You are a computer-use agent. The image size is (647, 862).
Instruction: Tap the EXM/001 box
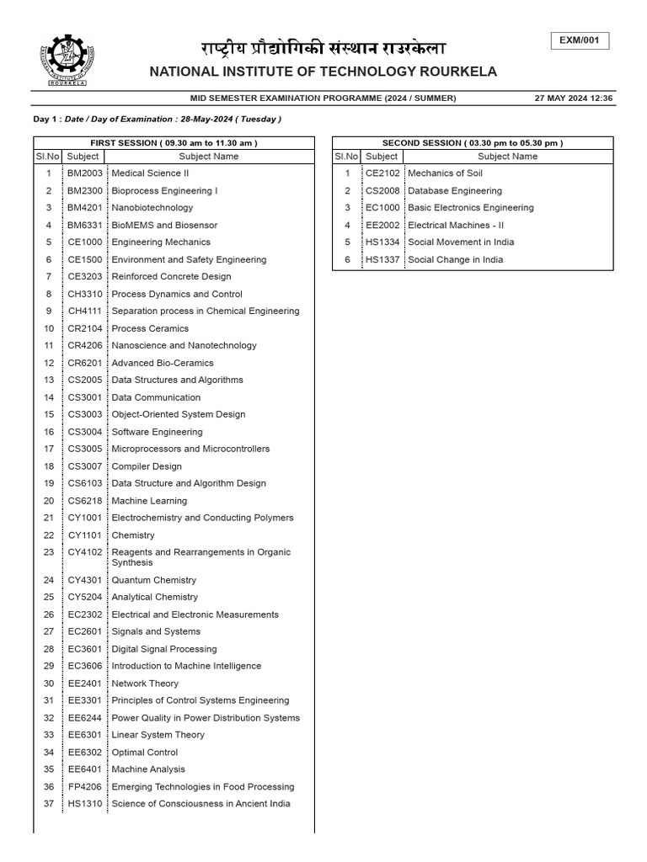point(580,40)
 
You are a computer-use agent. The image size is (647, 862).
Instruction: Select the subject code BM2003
point(85,173)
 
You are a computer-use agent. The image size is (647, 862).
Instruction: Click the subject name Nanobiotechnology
point(152,208)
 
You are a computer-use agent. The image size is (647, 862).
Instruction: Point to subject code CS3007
point(85,466)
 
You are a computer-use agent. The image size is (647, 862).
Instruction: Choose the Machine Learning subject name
point(149,501)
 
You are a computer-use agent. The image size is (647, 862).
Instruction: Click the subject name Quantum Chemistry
point(154,580)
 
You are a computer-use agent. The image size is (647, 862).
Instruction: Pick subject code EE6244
point(85,718)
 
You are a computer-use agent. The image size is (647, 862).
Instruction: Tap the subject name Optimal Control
point(145,753)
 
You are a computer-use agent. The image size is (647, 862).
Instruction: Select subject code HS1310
point(85,804)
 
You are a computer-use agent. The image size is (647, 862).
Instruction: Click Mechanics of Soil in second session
point(446,173)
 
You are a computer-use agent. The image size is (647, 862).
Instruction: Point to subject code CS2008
point(382,191)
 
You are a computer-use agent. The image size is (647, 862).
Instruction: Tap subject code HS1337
point(382,260)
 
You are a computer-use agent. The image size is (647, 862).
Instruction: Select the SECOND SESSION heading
point(473,143)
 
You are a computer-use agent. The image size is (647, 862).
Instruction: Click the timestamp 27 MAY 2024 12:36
point(574,98)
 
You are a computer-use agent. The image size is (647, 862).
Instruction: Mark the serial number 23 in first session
point(49,552)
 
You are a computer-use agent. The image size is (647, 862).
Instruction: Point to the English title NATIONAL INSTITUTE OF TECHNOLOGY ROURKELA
point(323,72)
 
